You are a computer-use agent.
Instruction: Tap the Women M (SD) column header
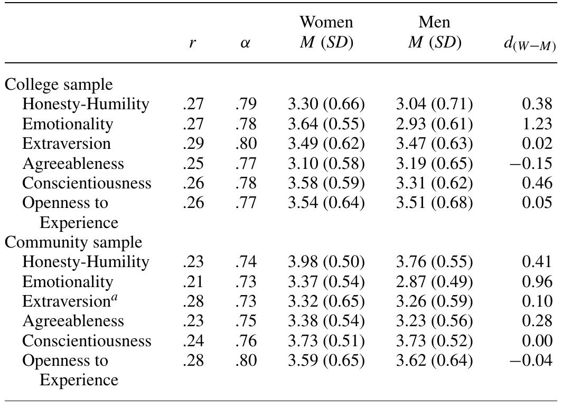[326, 33]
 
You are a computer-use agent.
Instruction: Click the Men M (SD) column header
[434, 33]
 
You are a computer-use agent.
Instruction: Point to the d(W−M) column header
[528, 45]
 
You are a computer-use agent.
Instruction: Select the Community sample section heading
[73, 242]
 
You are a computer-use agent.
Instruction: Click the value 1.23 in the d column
[537, 124]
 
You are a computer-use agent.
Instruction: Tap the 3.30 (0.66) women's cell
[326, 105]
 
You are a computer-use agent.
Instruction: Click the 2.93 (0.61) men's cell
[434, 124]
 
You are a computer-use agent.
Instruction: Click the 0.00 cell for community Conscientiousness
[537, 341]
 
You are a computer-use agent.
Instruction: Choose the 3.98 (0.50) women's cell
[326, 262]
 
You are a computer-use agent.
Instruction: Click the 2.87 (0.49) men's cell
[434, 282]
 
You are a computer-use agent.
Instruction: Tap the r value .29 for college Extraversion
[193, 144]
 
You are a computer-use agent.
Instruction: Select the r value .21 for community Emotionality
[193, 282]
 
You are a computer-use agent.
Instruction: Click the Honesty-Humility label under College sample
[86, 105]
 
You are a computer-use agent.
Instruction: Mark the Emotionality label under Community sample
[68, 282]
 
